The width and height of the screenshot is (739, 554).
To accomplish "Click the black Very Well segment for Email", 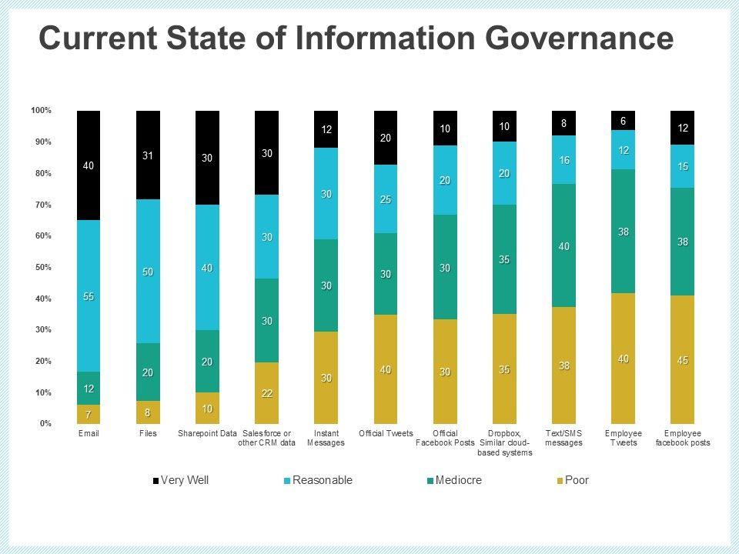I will pos(89,165).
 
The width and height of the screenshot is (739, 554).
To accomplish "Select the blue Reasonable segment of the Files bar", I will pos(148,271).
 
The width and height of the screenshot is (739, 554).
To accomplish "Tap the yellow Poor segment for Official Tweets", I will pos(386,369).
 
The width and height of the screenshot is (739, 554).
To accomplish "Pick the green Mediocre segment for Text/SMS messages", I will pos(564,245).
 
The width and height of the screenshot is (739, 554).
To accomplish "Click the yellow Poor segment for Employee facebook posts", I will pos(683,360).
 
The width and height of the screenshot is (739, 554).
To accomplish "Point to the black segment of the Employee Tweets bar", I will pos(624,121).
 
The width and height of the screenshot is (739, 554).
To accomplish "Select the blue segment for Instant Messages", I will pos(326,194).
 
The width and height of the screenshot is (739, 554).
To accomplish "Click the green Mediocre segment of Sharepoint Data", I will pos(207,362).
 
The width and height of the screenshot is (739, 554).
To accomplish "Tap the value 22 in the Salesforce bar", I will pos(266,394).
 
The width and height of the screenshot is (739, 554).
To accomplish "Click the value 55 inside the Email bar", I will pos(89,297).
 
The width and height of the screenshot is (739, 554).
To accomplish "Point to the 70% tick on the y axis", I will pos(42,205).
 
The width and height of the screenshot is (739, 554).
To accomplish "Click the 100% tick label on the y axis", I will pos(41,111).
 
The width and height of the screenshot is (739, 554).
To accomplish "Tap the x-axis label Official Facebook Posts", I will pos(445,438).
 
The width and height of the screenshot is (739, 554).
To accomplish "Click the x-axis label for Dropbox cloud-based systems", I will pos(504,442).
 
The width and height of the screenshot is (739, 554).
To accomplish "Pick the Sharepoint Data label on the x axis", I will pos(207,433).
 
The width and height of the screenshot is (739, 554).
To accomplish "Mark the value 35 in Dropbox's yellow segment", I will pos(504,369).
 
